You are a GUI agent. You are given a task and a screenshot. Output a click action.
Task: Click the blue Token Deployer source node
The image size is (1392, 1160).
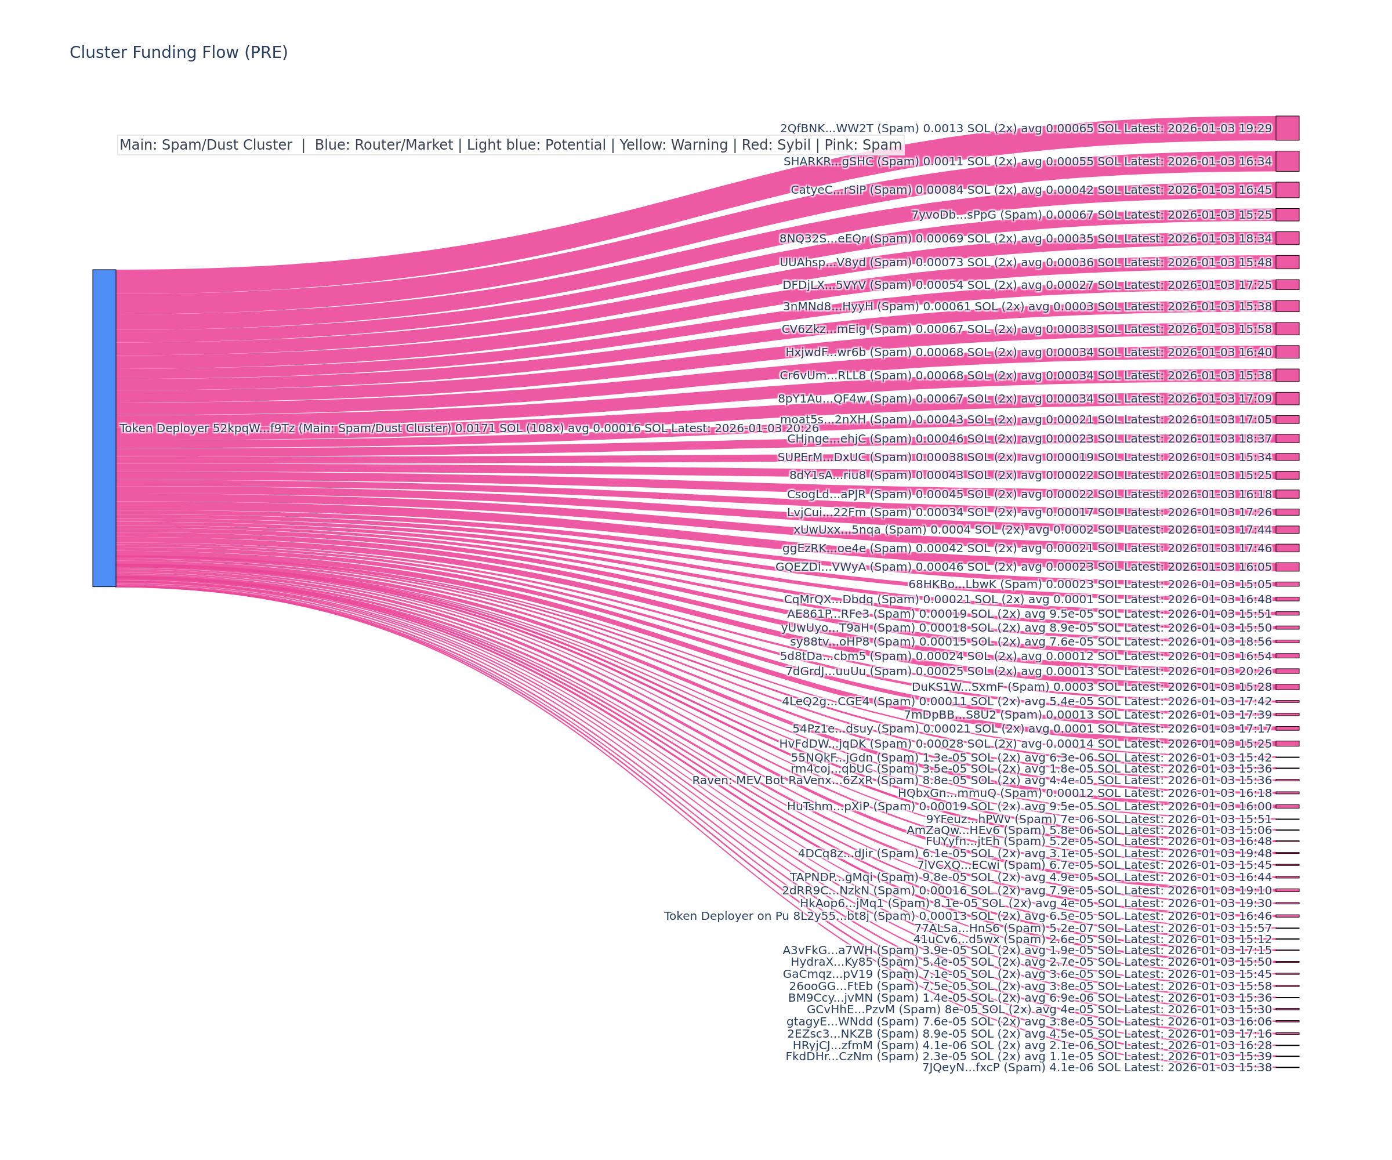[104, 427]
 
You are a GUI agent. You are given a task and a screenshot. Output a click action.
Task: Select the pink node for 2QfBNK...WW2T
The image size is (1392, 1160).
[1286, 128]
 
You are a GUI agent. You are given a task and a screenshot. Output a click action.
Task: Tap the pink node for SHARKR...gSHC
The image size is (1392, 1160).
[1286, 161]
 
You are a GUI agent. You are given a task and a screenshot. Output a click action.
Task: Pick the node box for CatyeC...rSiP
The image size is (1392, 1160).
[1286, 190]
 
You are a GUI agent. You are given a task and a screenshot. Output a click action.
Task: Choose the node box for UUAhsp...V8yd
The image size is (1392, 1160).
[1286, 262]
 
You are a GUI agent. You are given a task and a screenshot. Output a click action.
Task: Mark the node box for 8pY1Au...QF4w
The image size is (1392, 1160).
[1286, 398]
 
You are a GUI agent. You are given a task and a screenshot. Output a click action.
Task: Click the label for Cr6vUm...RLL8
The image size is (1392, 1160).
[822, 375]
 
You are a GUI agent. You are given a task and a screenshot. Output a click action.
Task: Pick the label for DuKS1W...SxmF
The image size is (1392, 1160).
[955, 687]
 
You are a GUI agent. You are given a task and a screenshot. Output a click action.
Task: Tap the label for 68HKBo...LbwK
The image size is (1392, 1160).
[951, 584]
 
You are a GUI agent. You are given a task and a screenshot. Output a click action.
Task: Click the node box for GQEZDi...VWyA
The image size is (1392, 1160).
[1286, 567]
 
